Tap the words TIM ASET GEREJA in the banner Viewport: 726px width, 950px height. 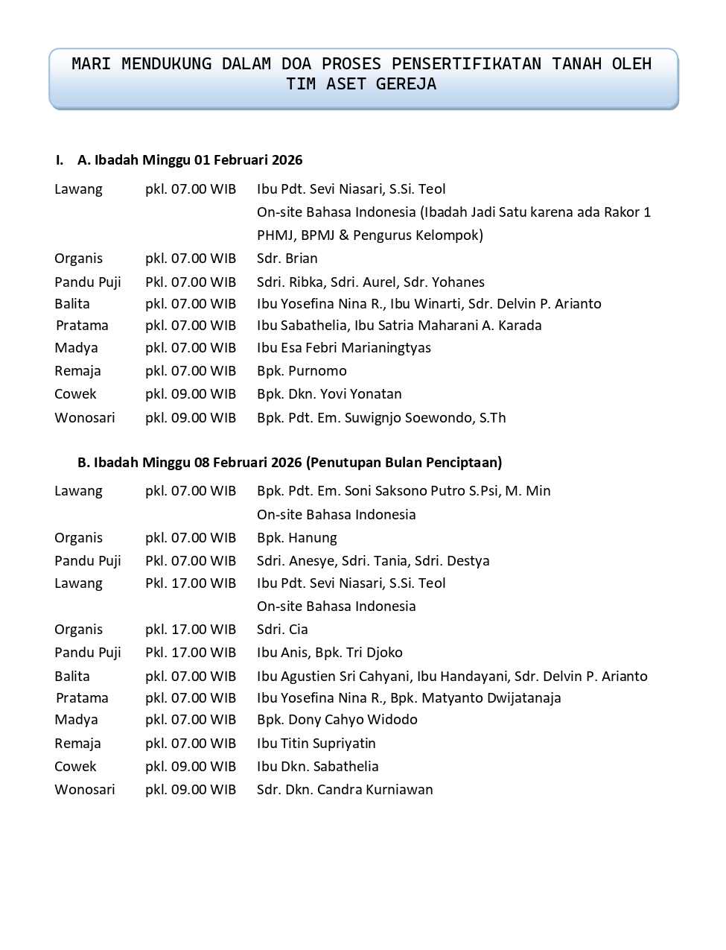[x=361, y=84]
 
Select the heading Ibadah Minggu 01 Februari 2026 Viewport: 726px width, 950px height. [x=190, y=160]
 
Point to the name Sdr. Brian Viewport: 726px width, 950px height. [x=287, y=259]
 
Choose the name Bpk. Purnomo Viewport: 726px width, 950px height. [x=302, y=371]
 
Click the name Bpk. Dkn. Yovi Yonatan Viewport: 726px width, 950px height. [x=329, y=394]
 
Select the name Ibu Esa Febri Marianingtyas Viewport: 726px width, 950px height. [x=344, y=348]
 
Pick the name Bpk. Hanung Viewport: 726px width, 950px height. [x=297, y=538]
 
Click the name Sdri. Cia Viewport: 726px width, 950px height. [x=282, y=630]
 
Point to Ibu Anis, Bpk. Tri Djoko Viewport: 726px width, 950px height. [x=330, y=653]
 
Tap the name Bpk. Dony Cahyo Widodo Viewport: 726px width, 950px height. [x=337, y=720]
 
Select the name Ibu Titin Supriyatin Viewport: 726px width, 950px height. [x=316, y=744]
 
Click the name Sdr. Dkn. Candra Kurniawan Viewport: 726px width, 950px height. [x=345, y=790]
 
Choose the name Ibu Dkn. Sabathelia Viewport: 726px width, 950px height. [x=318, y=767]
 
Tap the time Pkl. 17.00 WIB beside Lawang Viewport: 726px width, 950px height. [x=191, y=583]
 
